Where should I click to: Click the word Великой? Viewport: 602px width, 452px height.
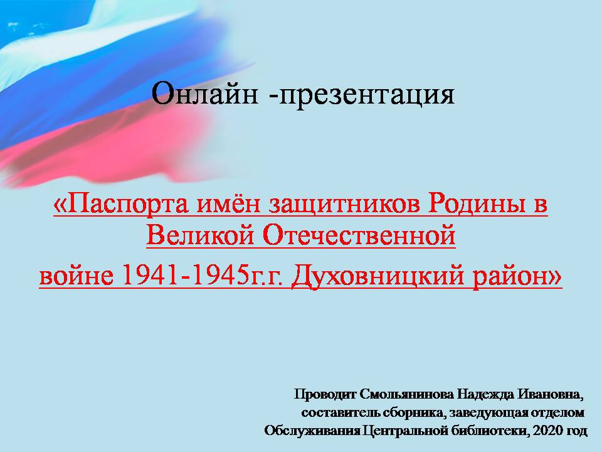click(199, 237)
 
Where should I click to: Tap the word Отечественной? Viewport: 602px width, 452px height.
click(356, 237)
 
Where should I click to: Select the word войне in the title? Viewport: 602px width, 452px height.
click(71, 276)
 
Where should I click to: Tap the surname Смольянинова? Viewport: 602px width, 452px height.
click(408, 395)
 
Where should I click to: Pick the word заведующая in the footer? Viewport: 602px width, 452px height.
click(494, 413)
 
